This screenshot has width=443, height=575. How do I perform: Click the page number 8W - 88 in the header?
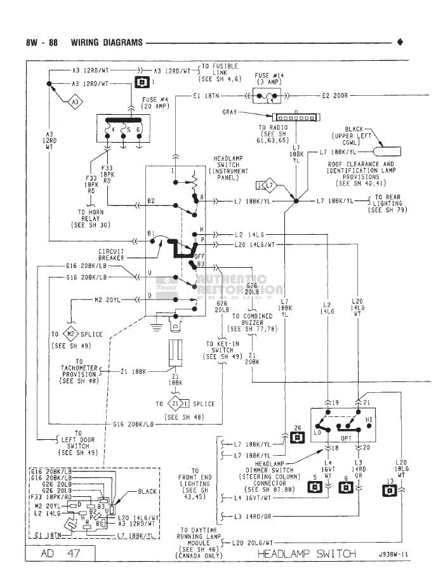[42, 43]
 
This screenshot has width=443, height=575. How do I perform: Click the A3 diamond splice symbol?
[74, 102]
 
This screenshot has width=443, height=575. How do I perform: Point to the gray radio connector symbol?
[293, 118]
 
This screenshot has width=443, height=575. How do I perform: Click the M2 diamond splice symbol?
[72, 334]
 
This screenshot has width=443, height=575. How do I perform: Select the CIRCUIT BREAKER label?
[111, 255]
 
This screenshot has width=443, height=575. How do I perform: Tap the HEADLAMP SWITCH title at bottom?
[307, 554]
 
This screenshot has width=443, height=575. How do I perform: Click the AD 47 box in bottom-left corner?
[61, 554]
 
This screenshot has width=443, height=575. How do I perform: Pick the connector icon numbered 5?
[314, 487]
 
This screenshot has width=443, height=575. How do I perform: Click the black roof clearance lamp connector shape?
[387, 152]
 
